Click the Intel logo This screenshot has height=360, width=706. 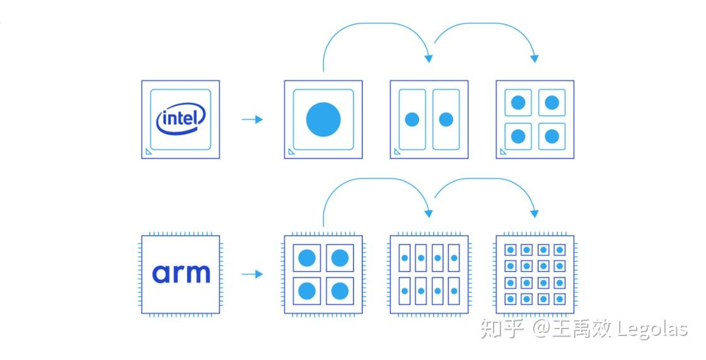click(x=181, y=119)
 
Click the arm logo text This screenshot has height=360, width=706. click(x=181, y=274)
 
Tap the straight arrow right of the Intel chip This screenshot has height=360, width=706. click(x=252, y=119)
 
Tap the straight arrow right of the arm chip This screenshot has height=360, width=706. click(x=252, y=274)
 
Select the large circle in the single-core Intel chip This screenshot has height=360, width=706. click(x=323, y=119)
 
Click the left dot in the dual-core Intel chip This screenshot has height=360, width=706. click(x=412, y=119)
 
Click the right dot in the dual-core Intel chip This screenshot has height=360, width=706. click(x=446, y=119)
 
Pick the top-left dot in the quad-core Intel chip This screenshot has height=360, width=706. click(x=518, y=102)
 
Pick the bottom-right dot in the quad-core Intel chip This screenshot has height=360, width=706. click(x=552, y=136)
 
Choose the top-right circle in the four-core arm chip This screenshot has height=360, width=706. click(x=340, y=257)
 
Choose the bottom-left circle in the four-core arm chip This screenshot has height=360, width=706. click(x=306, y=291)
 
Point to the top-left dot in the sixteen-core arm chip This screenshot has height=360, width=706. click(x=511, y=250)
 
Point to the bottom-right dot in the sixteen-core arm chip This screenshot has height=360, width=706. click(x=559, y=298)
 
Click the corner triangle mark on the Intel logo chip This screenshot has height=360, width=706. click(x=148, y=151)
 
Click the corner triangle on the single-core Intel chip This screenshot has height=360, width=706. click(x=291, y=151)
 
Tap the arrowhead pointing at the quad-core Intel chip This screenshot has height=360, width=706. click(x=535, y=59)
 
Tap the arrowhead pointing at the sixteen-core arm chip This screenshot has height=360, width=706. click(x=535, y=214)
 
